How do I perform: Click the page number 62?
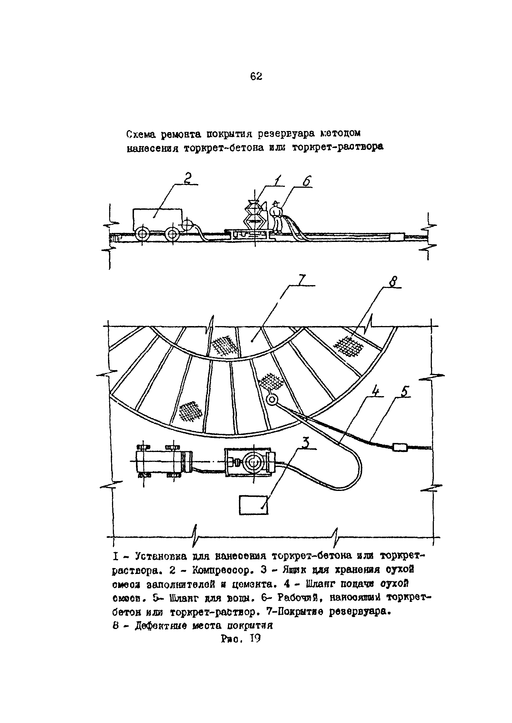256,76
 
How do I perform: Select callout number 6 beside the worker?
306,182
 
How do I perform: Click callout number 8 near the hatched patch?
393,281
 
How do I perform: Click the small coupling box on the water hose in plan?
400,447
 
